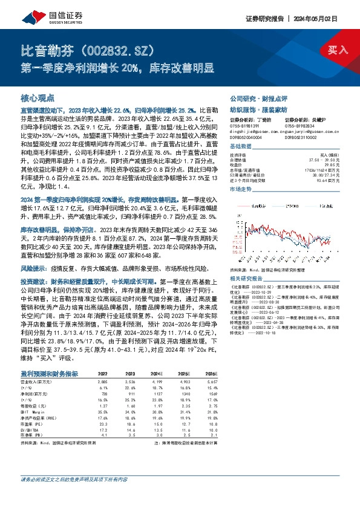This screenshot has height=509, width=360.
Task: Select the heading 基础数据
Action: (241, 147)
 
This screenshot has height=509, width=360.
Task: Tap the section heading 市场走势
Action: (241, 190)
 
